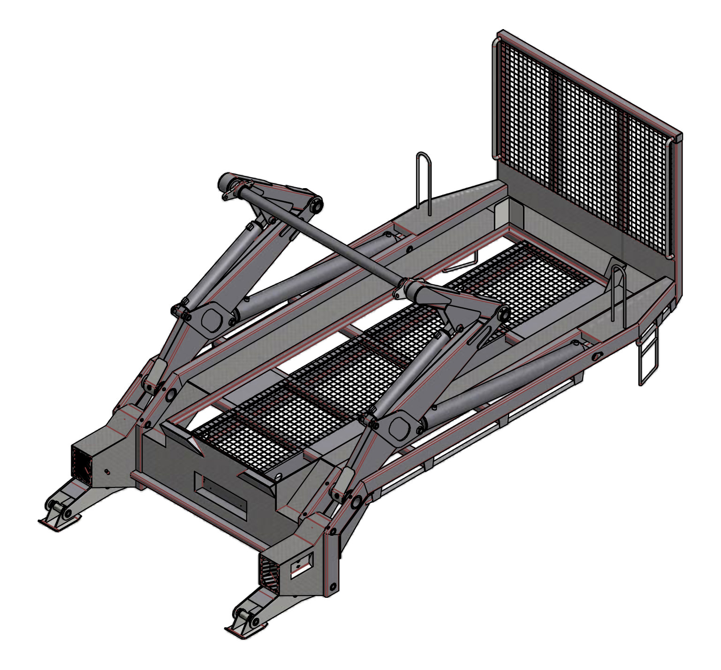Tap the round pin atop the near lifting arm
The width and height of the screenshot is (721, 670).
pos(504,315)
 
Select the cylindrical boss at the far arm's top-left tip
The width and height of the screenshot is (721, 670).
pos(225,180)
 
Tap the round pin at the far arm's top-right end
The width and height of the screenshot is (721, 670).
pos(316,205)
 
